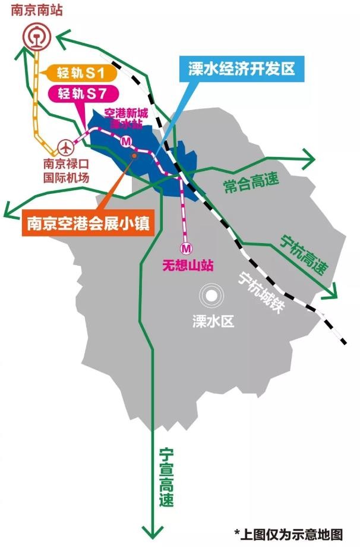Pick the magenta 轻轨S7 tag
pos(81,93)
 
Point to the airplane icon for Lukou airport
pos(65,146)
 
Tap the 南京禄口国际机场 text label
pos(65,169)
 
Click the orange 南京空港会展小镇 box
pos(86,224)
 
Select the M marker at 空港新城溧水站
pos(126,142)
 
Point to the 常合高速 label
pos(251,182)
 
